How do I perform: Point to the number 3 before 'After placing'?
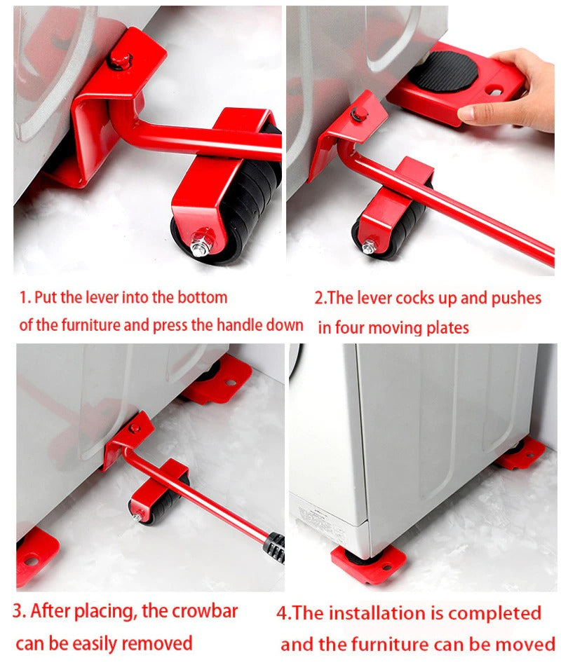pos(18,610)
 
